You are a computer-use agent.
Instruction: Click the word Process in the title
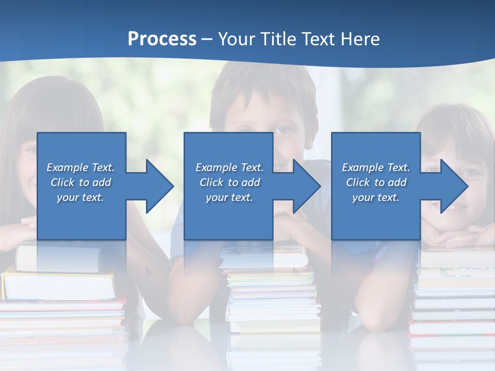(162, 39)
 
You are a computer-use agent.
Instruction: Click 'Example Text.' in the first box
(80, 167)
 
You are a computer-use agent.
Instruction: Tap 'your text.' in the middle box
(229, 197)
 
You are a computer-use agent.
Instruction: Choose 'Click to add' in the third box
(376, 182)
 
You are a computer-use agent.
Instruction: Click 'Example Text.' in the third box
(376, 167)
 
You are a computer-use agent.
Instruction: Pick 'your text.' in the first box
(80, 197)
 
